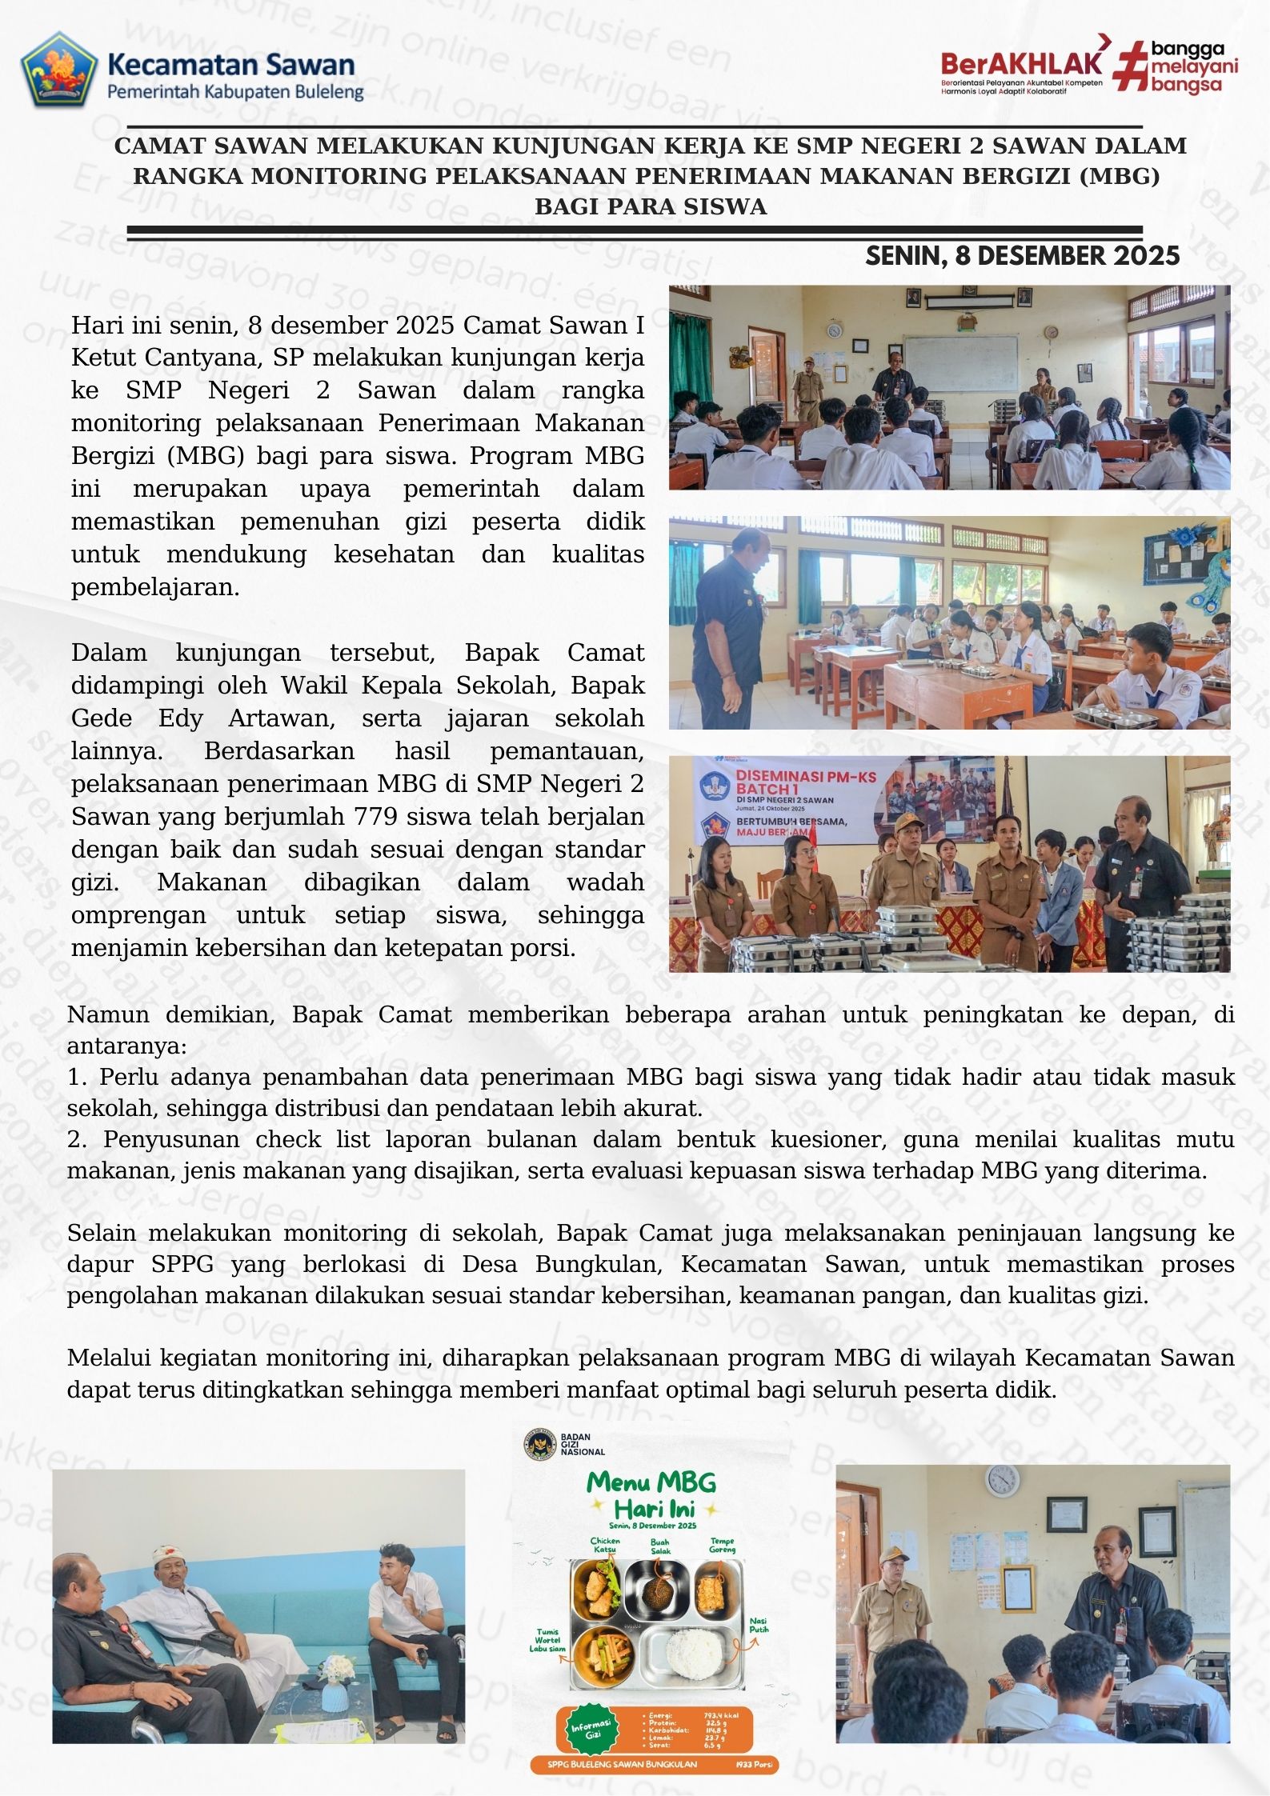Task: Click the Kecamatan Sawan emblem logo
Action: [58, 70]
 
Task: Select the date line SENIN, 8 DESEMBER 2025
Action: [1022, 256]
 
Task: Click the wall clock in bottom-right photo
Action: [1001, 1481]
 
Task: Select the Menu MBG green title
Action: [651, 1482]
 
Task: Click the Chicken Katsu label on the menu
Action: [605, 1545]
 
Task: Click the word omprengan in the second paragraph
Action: [138, 915]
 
